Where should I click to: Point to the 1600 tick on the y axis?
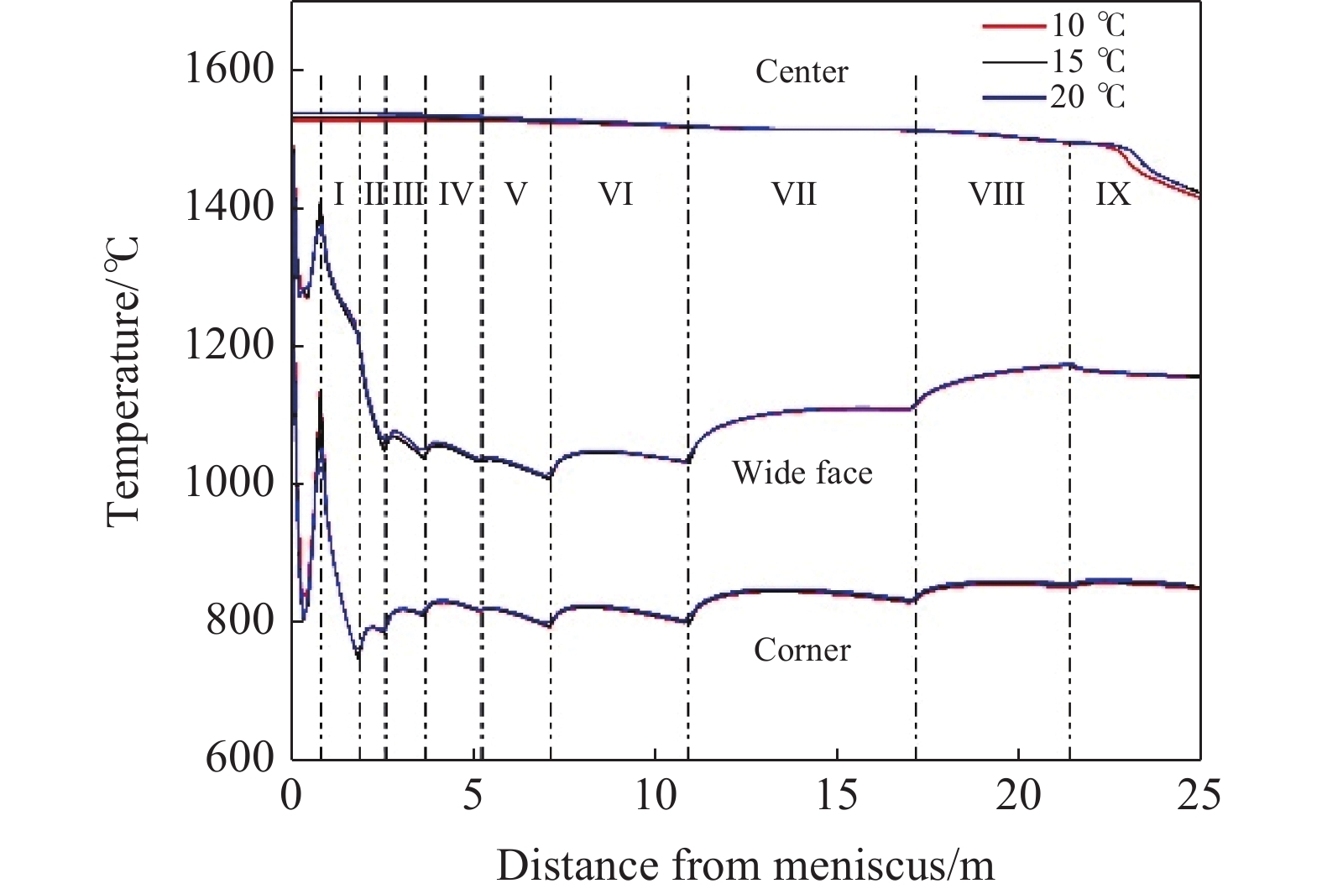click(229, 69)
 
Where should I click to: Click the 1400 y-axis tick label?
click(229, 207)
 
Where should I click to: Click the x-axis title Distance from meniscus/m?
click(745, 865)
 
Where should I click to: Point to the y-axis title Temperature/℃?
click(124, 382)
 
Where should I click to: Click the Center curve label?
click(802, 72)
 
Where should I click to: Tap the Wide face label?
click(802, 473)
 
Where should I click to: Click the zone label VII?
click(794, 195)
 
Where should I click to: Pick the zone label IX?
click(1113, 195)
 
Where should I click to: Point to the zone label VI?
click(615, 195)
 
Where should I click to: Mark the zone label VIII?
click(996, 195)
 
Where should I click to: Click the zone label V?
click(515, 195)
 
